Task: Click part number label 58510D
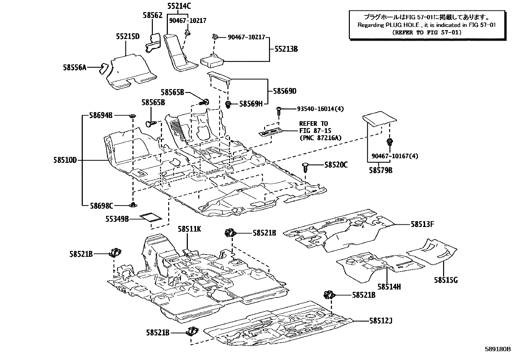coord(65,161)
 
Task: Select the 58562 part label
coord(153,15)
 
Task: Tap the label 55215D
coord(128,36)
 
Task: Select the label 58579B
coord(381,170)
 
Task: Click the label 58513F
coord(422,224)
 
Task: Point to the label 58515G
coord(446,280)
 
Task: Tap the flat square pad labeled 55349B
coord(151,218)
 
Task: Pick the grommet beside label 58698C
coord(134,205)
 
